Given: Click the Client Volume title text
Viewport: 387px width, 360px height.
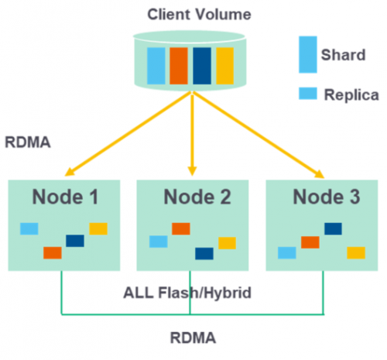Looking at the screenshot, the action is pos(199,15).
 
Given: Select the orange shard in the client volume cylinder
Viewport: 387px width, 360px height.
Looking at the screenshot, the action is pos(179,66).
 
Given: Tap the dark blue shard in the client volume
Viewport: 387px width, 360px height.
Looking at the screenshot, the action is pos(202,66).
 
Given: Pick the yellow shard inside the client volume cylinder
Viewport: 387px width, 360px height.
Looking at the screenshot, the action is pos(224,66).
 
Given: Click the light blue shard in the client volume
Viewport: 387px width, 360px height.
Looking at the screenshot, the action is pos(156,66).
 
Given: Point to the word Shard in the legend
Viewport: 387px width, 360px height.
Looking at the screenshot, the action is pos(343,55).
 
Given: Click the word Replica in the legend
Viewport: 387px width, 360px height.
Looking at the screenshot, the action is pos(351,95).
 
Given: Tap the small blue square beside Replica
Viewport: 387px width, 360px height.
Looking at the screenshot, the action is pos(308,94).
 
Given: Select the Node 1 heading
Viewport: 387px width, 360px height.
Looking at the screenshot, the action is pos(65,197).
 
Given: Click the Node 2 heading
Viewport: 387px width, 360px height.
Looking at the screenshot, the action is pos(197,197).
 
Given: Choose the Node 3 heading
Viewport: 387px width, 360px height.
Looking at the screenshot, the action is pos(327,197).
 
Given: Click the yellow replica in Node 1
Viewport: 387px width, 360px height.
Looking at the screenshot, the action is pos(98,228).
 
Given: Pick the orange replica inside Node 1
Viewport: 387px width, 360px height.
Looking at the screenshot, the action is pos(53,253).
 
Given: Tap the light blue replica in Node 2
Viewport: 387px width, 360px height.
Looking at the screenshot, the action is pos(159,242).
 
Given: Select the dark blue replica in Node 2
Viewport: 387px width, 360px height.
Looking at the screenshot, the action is pos(204,254).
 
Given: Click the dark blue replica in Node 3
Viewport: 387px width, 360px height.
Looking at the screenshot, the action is pos(333,229).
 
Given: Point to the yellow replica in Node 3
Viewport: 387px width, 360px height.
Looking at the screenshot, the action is pos(356,253).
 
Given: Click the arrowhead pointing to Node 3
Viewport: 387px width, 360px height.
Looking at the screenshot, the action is pos(320,174).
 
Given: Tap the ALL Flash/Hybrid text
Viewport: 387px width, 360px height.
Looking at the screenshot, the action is pos(187,293).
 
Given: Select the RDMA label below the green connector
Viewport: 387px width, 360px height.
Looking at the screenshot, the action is pos(193,338).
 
